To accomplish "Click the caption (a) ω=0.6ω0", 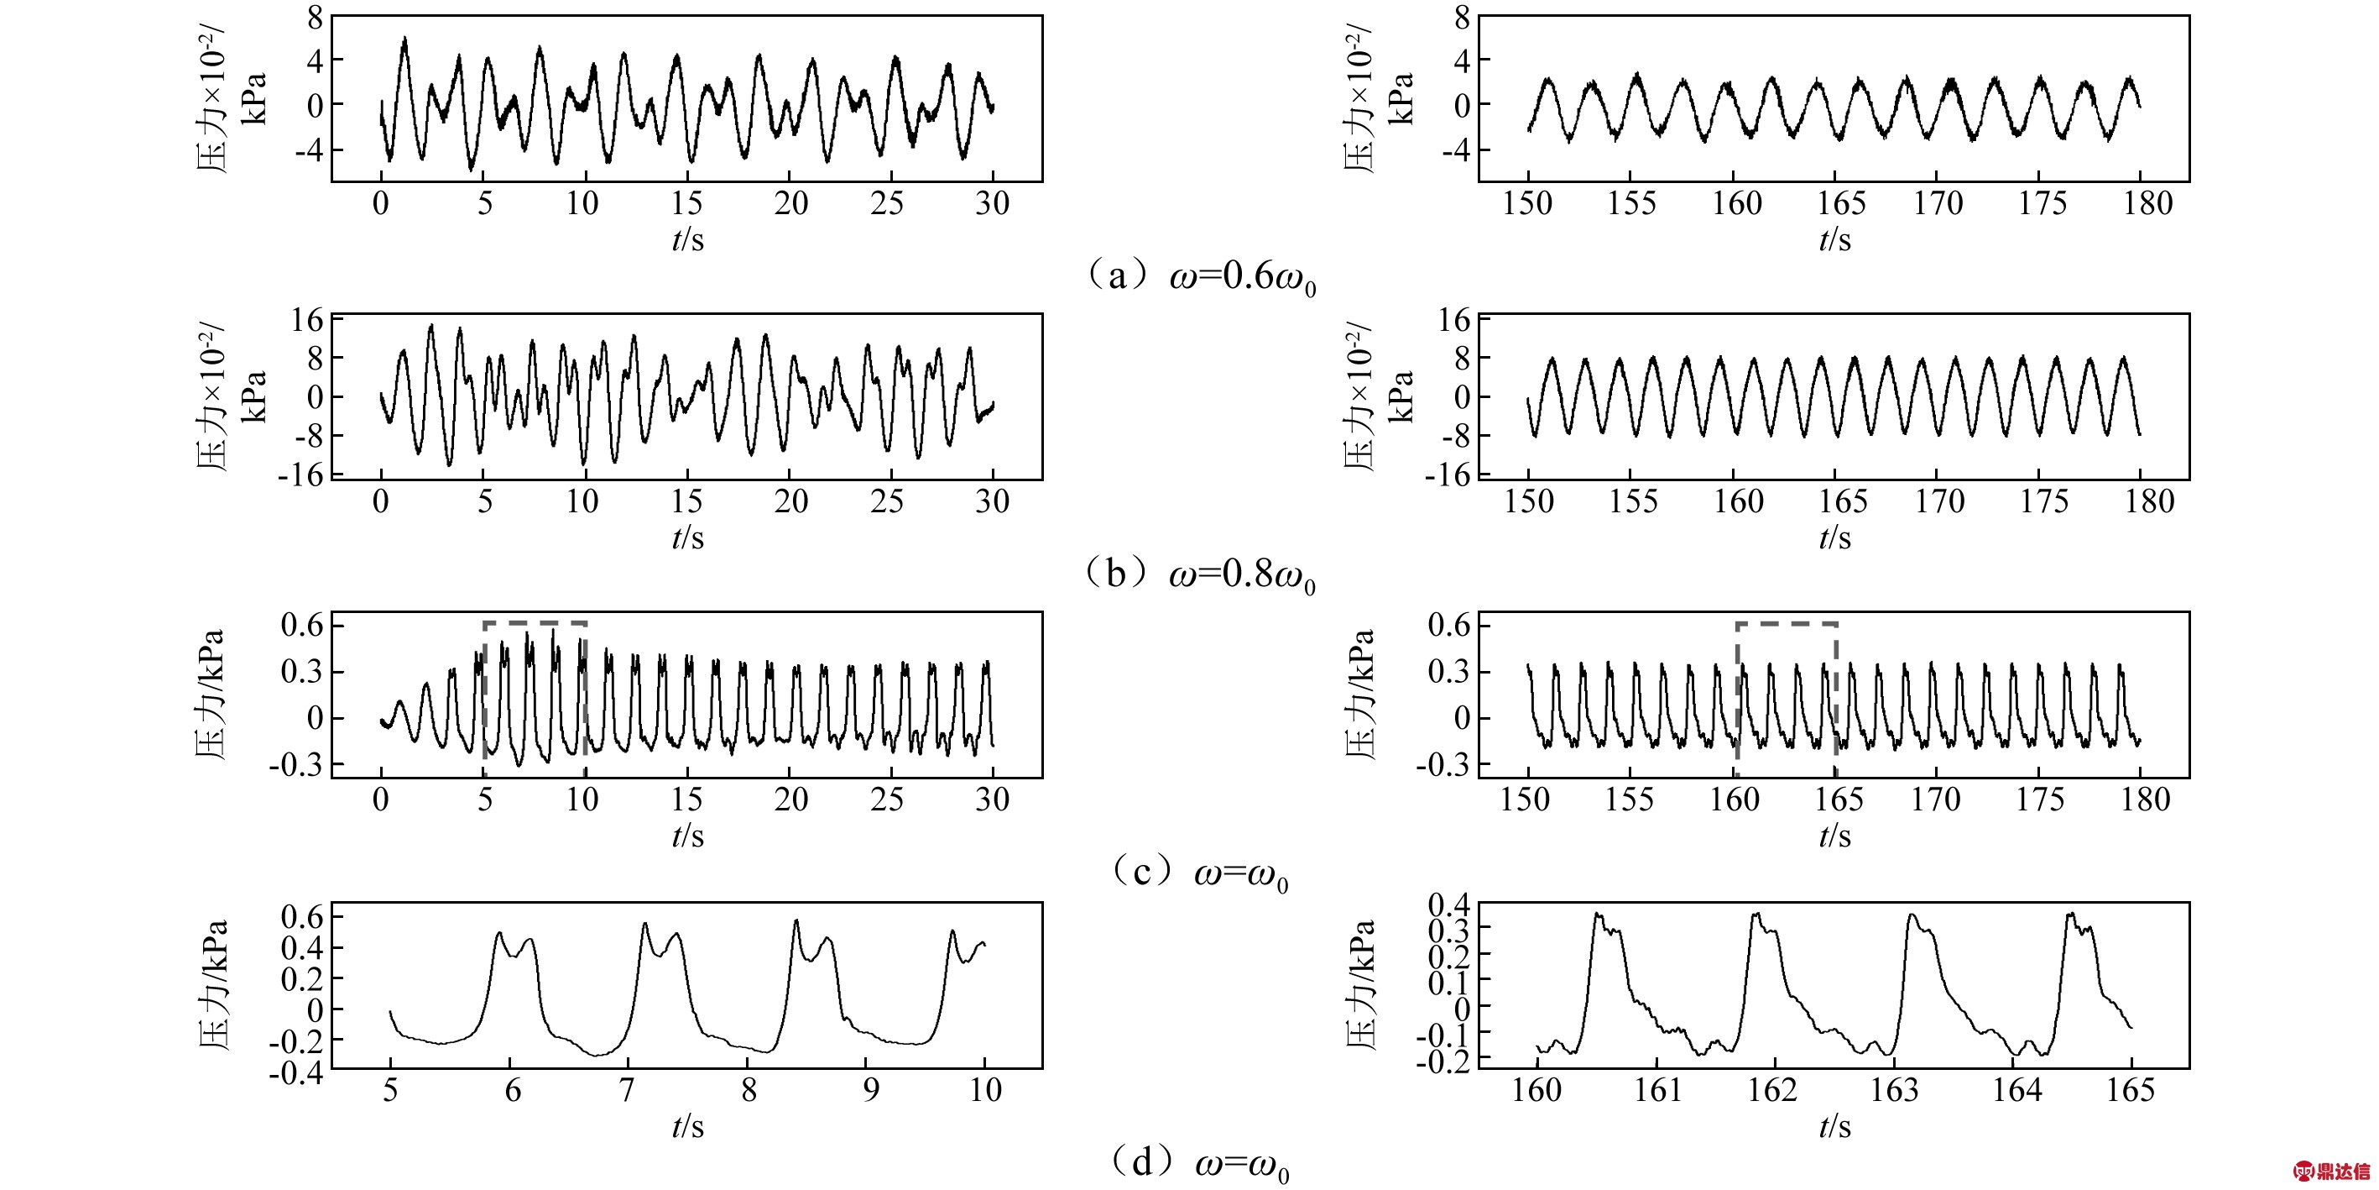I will click(x=1199, y=276).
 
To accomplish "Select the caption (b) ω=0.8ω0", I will click(x=1199, y=574).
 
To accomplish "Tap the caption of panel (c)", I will click(x=1199, y=873).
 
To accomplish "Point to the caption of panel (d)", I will click(x=1199, y=1163).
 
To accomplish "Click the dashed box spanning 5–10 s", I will click(x=535, y=624).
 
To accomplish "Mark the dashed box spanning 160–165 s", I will click(x=1786, y=626).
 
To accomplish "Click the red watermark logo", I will click(x=2332, y=1171).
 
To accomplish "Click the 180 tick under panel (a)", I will click(x=2148, y=204).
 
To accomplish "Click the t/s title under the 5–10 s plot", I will click(x=688, y=1126).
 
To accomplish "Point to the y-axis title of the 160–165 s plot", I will click(x=1360, y=985).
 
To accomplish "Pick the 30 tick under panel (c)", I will click(x=993, y=799).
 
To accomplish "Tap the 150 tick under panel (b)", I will click(x=1529, y=501).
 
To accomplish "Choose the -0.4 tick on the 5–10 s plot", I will click(x=296, y=1073).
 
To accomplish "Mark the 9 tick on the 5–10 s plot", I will click(x=871, y=1091).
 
